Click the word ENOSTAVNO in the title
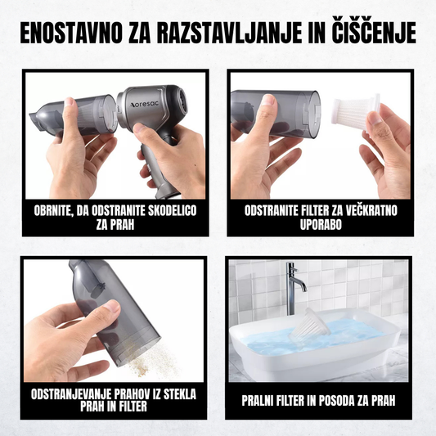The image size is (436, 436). [x=71, y=33]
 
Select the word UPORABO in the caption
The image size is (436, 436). [x=321, y=225]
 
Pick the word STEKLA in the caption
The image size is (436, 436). [x=179, y=394]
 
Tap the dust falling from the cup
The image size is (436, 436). [x=153, y=360]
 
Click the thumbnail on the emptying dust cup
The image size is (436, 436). [x=112, y=307]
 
